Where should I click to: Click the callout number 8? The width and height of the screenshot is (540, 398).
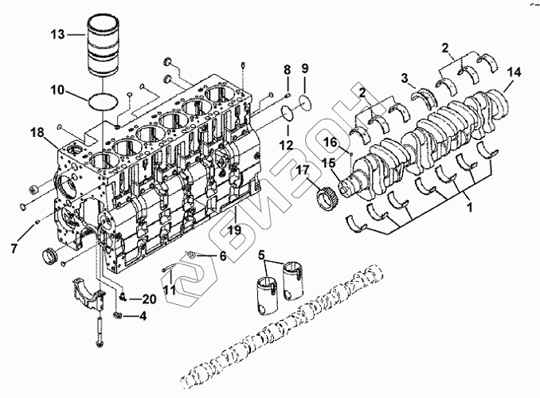287,71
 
